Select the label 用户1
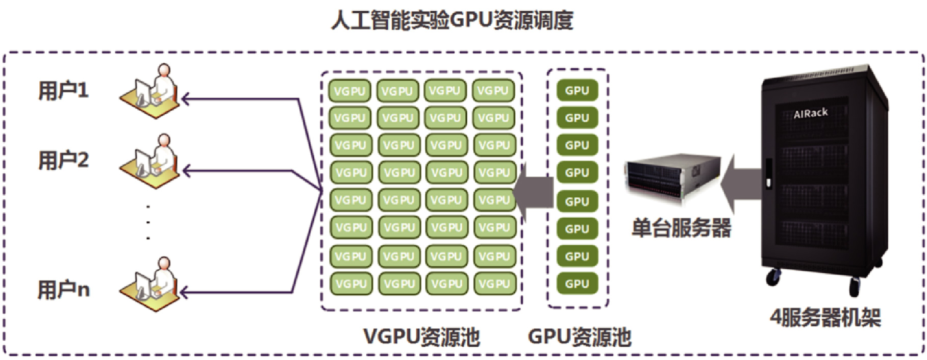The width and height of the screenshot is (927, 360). [x=63, y=91]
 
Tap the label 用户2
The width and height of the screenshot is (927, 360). [x=63, y=161]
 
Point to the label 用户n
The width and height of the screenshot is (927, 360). [x=64, y=290]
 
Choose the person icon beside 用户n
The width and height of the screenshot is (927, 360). [x=151, y=284]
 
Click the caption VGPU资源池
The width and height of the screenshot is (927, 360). [x=421, y=337]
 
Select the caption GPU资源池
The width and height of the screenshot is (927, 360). [x=579, y=337]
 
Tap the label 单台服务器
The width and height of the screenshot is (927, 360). [x=681, y=228]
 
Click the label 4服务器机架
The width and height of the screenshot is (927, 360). [x=825, y=318]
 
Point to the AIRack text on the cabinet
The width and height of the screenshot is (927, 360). [x=811, y=113]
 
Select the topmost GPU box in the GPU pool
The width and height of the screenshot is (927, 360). [x=577, y=91]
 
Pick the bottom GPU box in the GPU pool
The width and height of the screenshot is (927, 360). [x=577, y=284]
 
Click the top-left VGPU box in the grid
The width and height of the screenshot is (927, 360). [x=350, y=91]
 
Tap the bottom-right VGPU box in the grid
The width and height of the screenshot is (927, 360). [x=494, y=284]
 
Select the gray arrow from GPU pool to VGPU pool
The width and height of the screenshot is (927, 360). [x=533, y=193]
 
